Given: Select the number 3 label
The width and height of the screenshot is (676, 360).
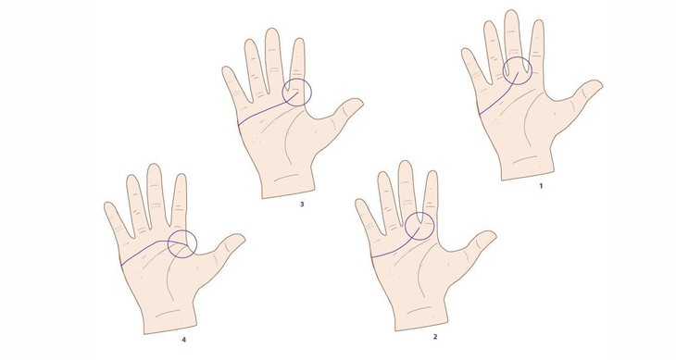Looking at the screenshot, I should coord(302,205).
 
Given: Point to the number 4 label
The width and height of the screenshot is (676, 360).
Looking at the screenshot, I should coord(183,341).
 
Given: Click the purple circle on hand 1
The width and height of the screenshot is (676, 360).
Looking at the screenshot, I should coord(518,71).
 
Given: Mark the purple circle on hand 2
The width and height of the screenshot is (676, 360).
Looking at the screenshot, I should coord(419,226).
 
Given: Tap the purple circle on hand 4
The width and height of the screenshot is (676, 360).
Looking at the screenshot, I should coord(181,244).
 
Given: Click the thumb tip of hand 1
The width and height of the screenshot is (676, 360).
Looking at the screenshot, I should coord(598,86).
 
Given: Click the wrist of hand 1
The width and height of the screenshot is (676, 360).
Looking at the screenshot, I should coord(527,171).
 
